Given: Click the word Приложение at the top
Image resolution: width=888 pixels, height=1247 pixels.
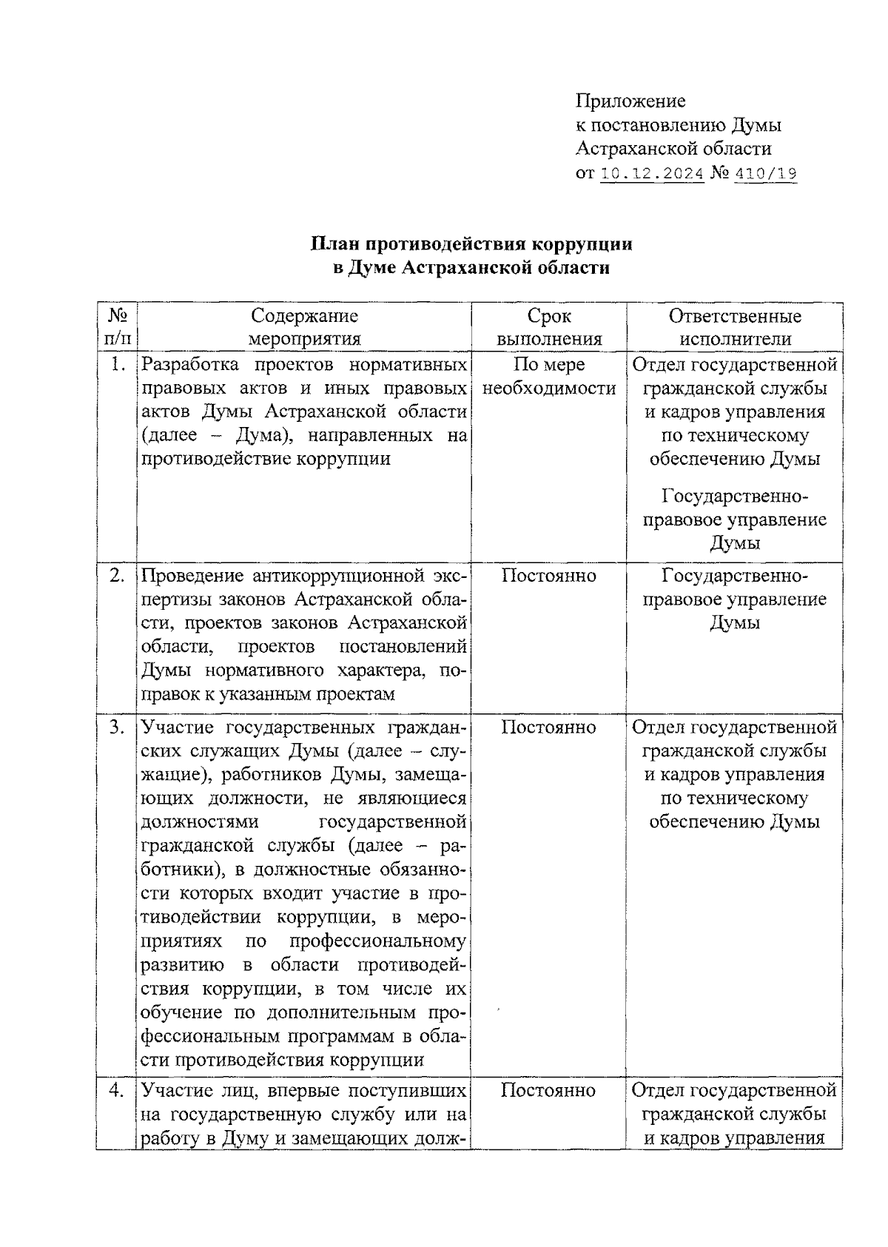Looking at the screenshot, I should pos(630,101).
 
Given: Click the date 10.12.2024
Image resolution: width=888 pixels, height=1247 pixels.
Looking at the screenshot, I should pos(651,174).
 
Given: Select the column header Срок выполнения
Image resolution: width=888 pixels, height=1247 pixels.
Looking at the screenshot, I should pos(548,327).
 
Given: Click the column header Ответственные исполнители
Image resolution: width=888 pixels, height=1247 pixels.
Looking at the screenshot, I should pos(734,327).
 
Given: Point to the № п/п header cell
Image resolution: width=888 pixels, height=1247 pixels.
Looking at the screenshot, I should pos(117,327).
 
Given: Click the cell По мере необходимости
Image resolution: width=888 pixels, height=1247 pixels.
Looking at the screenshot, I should pos(548,376).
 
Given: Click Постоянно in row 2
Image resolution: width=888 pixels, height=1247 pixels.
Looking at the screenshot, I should pos(548,575).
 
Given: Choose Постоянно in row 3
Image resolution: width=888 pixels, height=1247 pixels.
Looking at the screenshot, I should pos(548,727).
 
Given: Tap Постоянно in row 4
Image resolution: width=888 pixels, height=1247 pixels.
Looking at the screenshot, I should pos(548,1090).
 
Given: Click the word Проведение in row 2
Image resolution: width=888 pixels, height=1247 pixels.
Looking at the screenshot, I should pos(191,575).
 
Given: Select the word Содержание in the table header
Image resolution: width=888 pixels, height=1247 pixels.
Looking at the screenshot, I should pos(304,316).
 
